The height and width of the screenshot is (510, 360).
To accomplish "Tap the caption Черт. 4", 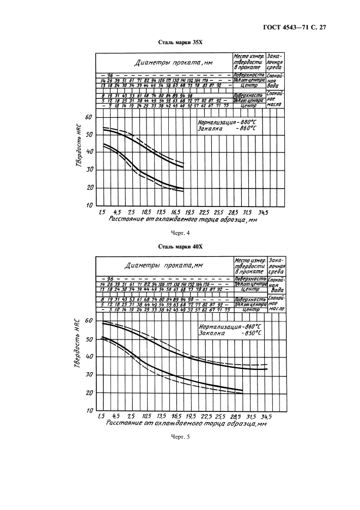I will [180, 233].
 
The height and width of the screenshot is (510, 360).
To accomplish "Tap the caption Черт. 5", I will [180, 436].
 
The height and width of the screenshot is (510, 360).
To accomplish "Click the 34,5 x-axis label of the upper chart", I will [263, 212].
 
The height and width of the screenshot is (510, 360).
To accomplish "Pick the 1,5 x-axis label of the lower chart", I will [101, 416].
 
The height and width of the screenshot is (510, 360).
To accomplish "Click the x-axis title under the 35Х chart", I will [182, 220].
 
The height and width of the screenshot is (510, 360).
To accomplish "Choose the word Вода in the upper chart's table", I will [274, 86].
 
